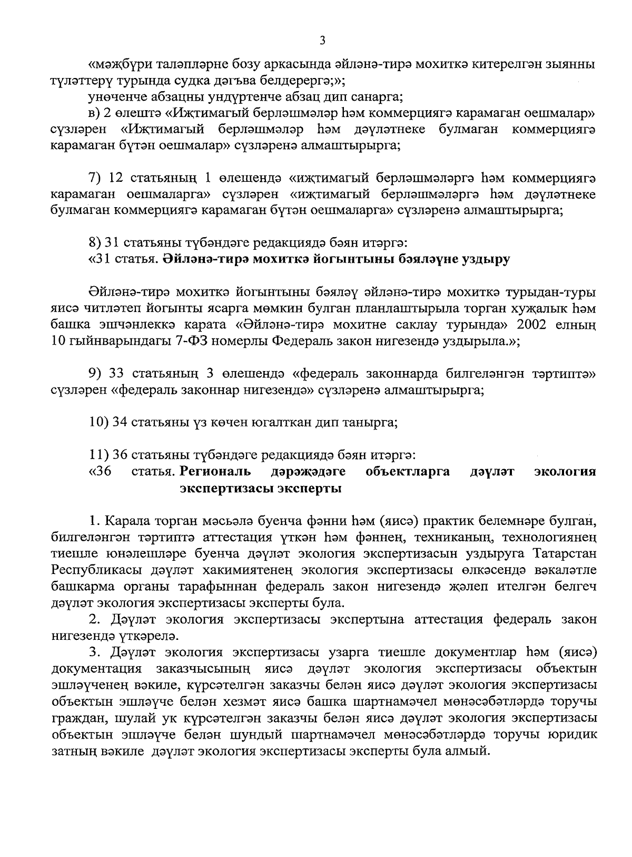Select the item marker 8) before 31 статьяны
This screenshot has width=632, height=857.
[94, 244]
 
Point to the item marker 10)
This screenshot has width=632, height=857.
[98, 423]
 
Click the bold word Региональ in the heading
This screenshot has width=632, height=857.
[215, 471]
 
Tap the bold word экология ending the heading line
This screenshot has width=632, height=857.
[565, 471]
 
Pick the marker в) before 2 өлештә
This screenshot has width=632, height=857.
[94, 113]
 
